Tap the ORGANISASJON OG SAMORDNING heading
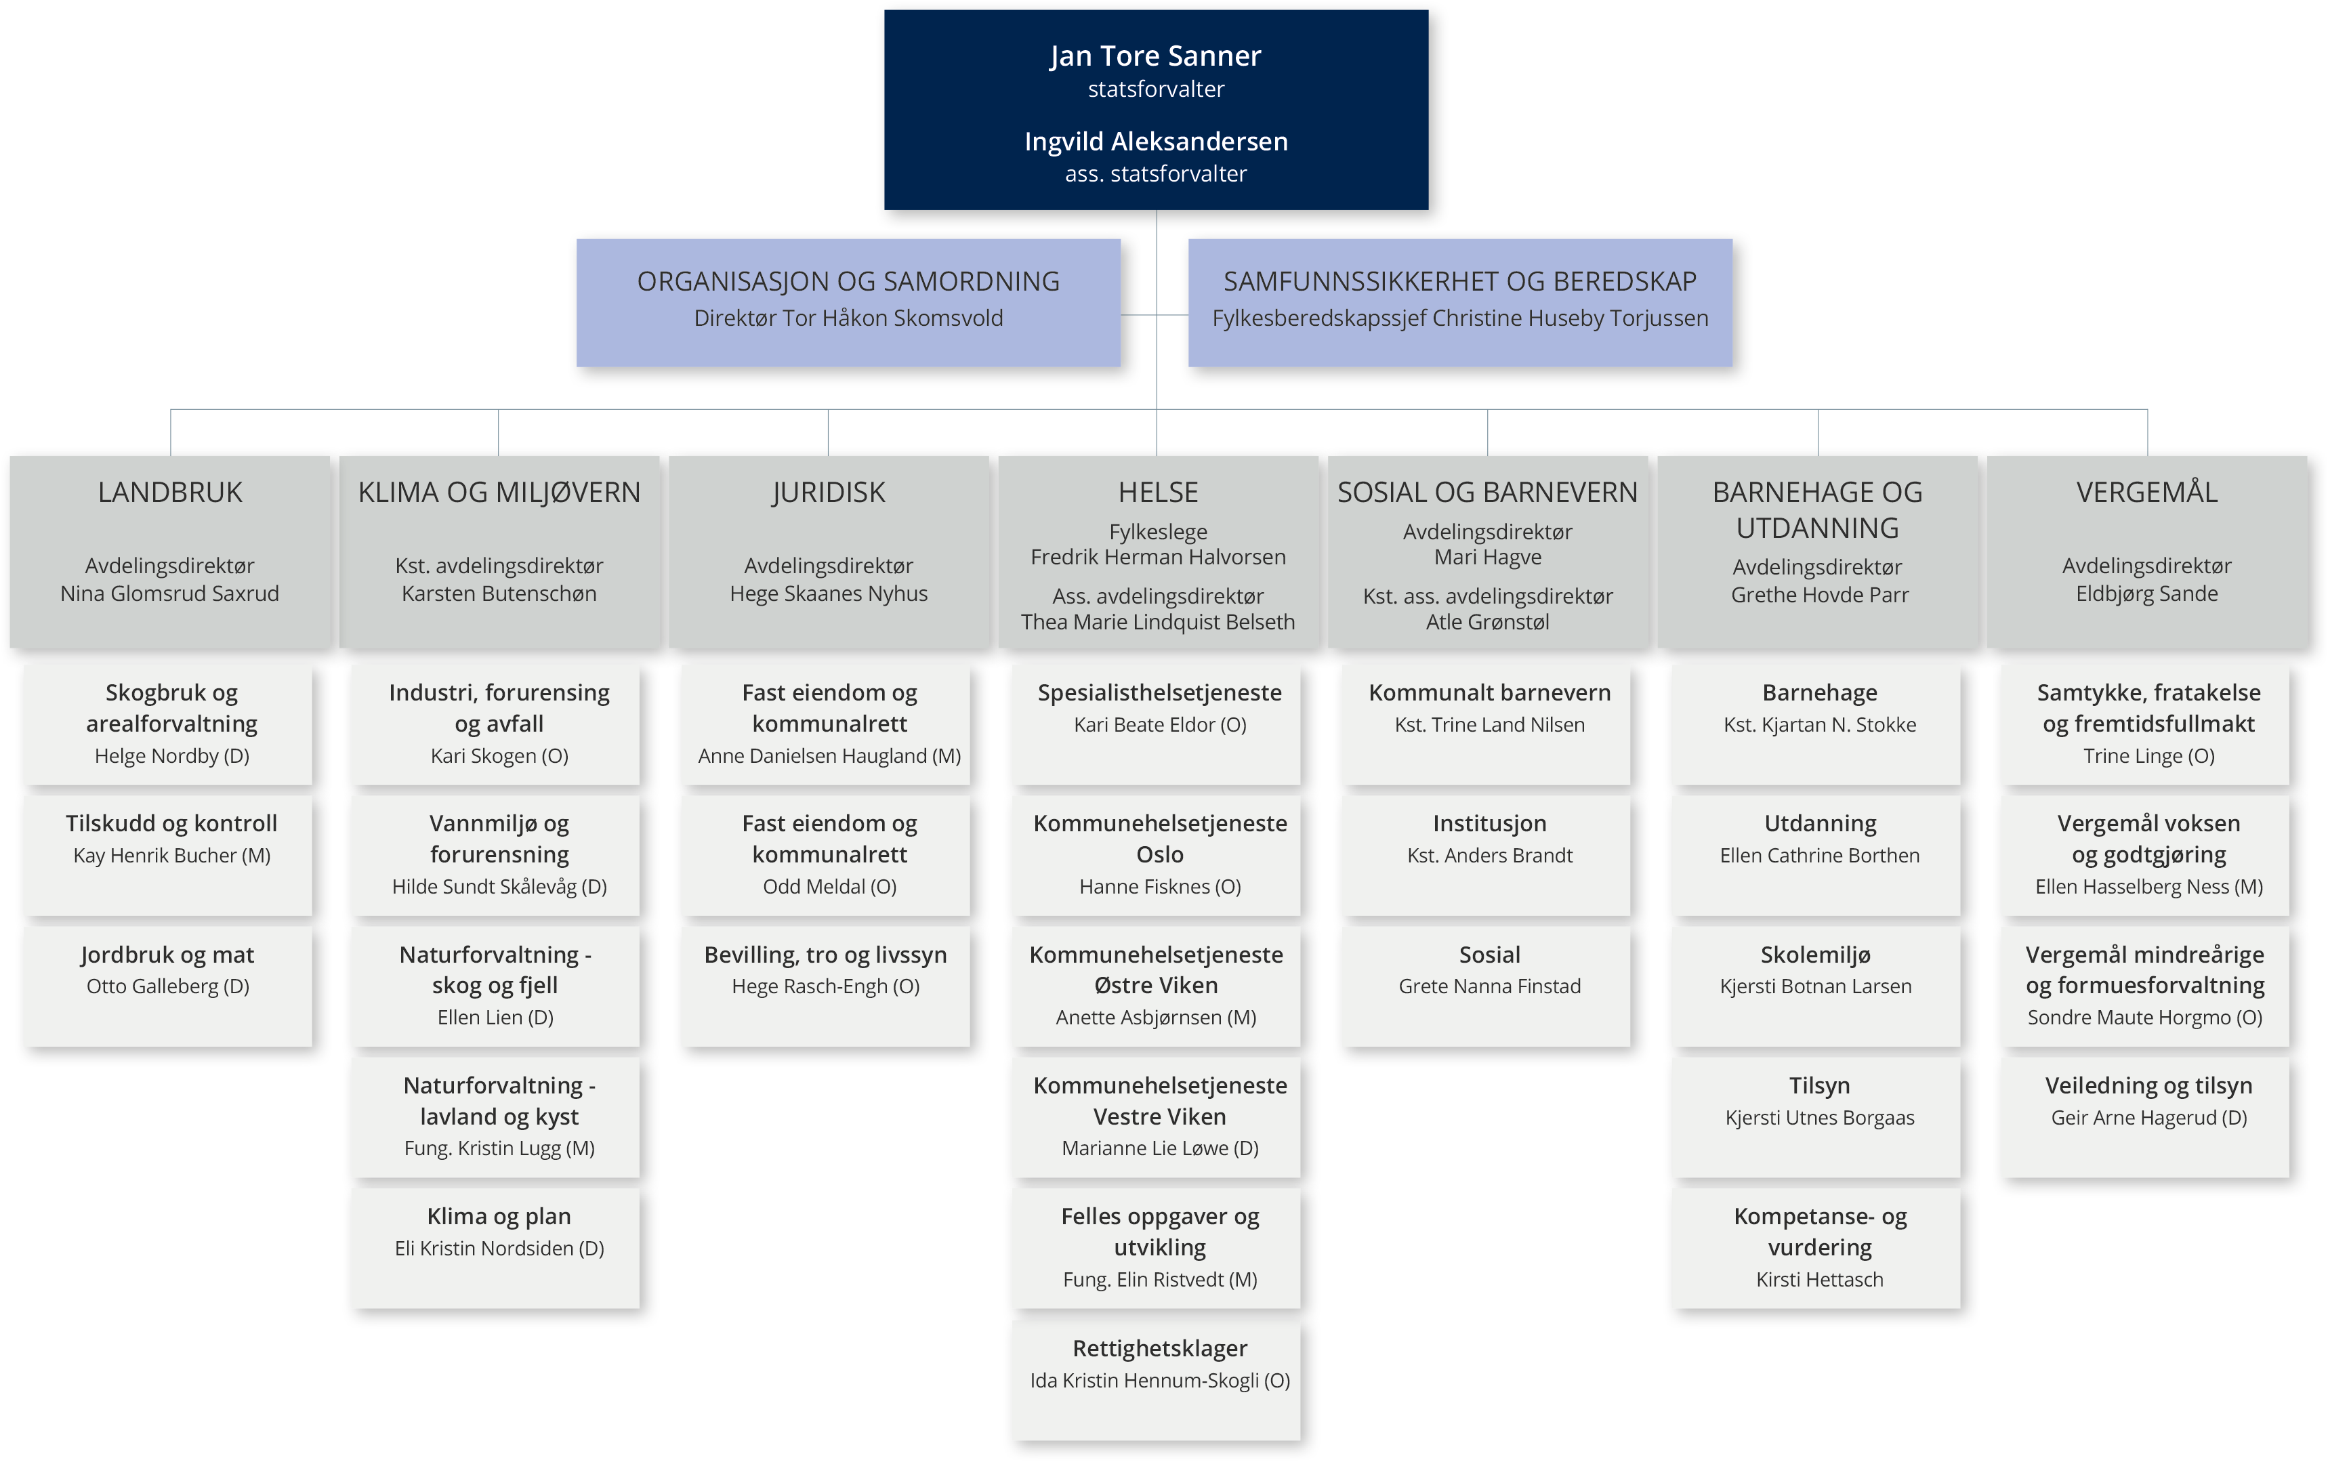[848, 281]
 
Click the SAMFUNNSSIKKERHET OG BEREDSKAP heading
[1460, 281]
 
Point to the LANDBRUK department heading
[170, 492]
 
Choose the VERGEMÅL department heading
[2146, 492]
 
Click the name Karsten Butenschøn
[499, 593]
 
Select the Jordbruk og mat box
[167, 985]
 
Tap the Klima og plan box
[495, 1247]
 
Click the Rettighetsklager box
[1157, 1379]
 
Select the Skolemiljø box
[1816, 985]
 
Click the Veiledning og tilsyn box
[2144, 1116]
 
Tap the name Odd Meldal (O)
[829, 887]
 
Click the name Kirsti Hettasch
[1819, 1279]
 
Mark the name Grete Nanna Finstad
[1490, 986]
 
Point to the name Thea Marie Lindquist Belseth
[1157, 622]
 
